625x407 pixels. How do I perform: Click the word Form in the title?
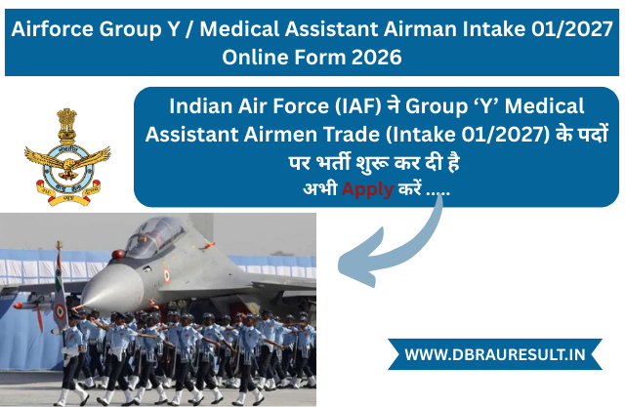[x=320, y=58]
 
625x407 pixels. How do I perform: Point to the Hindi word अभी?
[x=318, y=187]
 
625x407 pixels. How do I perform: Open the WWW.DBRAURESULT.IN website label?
[x=495, y=354]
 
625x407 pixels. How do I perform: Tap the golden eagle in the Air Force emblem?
[x=67, y=160]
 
